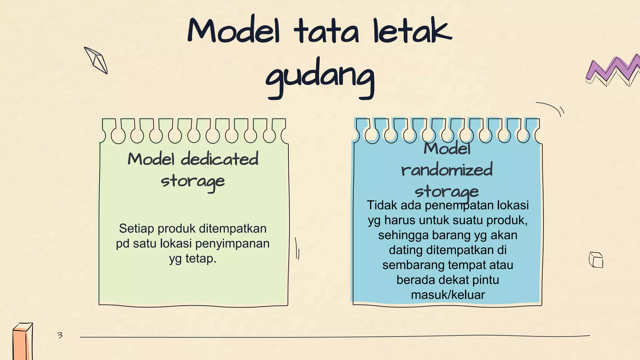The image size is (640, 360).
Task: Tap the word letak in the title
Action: point(412,31)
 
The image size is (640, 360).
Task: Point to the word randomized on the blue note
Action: point(447,170)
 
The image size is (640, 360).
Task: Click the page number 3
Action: point(60,335)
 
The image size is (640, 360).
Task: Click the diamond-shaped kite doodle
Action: point(96,60)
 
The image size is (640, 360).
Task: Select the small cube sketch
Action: point(596,260)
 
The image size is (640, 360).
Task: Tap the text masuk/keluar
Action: point(448,295)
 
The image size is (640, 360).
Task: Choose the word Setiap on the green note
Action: point(137,228)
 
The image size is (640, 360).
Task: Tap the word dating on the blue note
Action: point(405,250)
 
